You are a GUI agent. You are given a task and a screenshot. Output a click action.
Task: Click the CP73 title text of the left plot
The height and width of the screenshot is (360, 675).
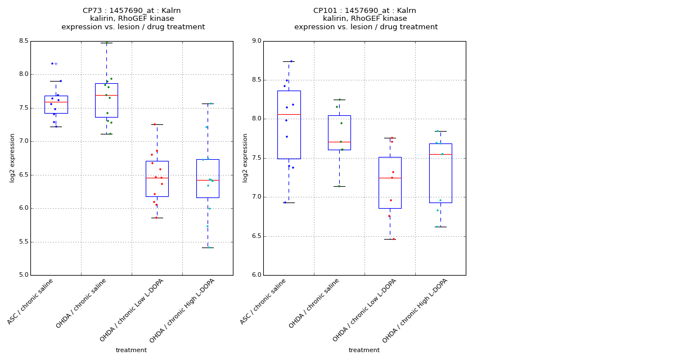132,11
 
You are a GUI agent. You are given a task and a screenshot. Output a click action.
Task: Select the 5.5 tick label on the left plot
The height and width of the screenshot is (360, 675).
22,242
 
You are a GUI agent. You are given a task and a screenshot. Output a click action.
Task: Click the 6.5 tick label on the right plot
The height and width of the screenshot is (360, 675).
255,236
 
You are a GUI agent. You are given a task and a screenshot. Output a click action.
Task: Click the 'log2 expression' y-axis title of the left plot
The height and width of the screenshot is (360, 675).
12,157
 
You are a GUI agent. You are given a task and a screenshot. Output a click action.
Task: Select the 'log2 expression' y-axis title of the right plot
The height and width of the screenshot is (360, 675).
245,157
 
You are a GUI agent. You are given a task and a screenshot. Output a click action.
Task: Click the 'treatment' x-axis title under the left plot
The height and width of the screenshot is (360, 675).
131,350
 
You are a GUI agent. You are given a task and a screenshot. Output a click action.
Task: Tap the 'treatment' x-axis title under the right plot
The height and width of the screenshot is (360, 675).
364,350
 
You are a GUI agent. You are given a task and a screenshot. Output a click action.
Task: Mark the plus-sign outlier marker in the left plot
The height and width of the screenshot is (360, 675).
56,64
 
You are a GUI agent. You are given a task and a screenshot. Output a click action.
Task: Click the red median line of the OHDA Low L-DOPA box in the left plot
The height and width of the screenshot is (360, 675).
157,178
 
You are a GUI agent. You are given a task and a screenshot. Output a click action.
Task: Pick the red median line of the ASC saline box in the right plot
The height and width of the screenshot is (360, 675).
289,114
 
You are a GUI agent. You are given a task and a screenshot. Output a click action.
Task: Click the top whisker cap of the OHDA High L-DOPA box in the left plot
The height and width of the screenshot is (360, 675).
208,103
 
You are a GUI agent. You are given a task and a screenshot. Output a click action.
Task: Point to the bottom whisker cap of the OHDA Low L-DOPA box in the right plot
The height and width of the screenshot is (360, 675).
390,239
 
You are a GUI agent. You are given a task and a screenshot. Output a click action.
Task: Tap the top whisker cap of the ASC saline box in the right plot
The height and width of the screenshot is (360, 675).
289,61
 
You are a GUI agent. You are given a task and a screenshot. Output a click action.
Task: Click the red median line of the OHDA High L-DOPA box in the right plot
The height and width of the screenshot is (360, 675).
440,154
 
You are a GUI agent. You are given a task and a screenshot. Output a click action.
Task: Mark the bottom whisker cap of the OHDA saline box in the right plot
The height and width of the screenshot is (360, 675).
339,186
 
